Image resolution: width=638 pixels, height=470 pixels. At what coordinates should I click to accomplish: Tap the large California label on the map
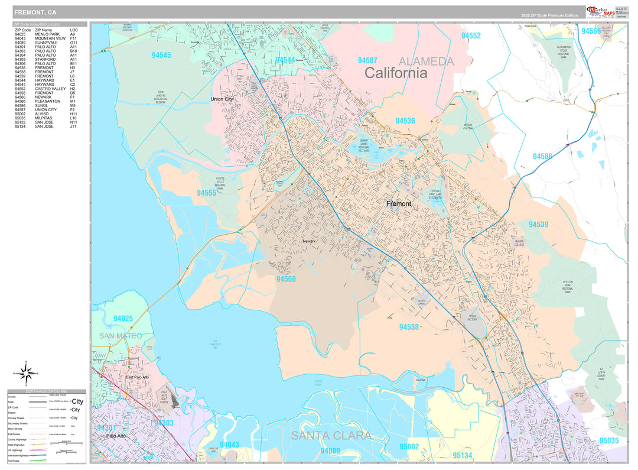395,73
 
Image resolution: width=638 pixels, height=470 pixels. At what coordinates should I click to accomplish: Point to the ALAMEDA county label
426,61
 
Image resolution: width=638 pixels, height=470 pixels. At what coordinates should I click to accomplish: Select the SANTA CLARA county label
331,436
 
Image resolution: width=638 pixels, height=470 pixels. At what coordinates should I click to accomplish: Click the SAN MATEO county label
121,336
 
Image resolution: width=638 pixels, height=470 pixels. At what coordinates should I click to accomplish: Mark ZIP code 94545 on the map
161,56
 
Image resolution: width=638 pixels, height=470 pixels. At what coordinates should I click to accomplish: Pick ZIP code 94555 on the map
207,193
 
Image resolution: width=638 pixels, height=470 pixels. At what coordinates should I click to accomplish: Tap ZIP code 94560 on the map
286,279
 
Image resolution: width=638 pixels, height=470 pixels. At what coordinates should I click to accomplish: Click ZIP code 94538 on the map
409,327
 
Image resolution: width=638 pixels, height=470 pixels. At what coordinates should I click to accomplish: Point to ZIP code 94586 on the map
542,157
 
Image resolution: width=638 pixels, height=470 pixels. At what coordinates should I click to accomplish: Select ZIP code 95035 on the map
608,440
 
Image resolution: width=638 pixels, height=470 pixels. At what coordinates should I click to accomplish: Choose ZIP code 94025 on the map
123,319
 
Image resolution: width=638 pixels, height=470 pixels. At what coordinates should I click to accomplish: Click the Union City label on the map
222,99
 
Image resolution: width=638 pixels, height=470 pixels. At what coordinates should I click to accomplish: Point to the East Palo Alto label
138,377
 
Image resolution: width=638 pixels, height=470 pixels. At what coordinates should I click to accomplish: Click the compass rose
26,372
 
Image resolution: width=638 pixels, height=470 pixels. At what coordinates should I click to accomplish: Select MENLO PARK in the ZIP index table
47,34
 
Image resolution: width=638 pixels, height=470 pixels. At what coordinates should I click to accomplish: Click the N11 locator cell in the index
73,122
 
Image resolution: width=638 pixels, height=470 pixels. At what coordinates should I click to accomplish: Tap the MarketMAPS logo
600,12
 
